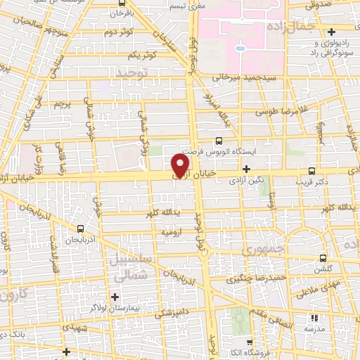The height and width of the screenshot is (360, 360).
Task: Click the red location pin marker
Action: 181,165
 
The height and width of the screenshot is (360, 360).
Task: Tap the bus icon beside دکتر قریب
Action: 313,170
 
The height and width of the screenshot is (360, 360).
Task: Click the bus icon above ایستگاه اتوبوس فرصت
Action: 219,141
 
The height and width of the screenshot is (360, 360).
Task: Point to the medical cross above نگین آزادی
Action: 245,169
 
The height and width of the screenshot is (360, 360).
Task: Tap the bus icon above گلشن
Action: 323,258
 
